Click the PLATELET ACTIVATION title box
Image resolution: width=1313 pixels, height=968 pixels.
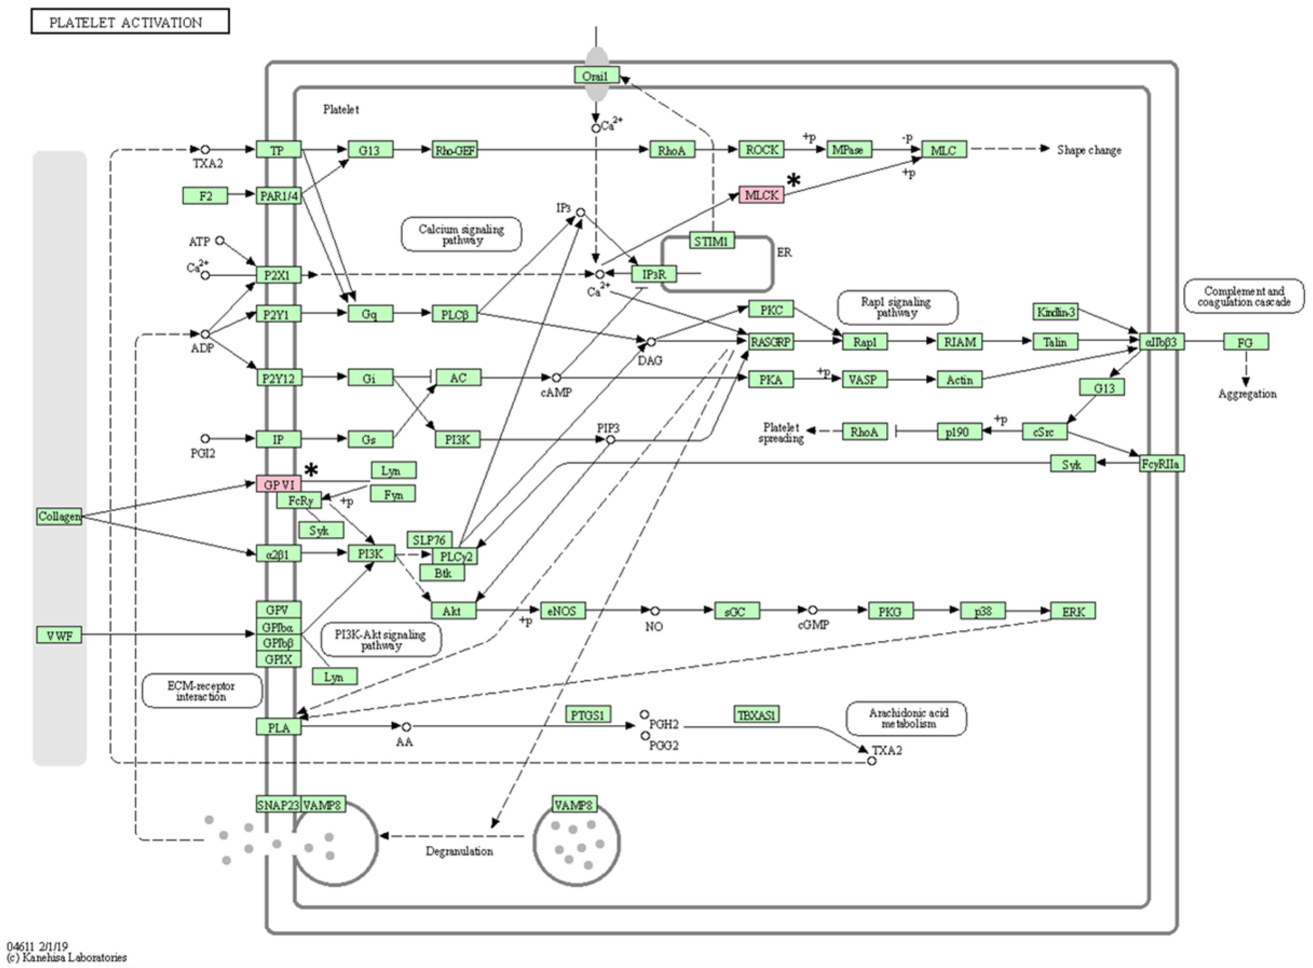click(130, 22)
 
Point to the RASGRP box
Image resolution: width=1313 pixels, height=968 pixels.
click(771, 342)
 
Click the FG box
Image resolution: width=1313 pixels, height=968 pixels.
click(1246, 342)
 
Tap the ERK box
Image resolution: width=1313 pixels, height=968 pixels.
click(1073, 611)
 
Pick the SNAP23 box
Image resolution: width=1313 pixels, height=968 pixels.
click(278, 804)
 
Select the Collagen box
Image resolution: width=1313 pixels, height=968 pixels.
click(59, 516)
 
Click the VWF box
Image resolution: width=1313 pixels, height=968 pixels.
click(59, 635)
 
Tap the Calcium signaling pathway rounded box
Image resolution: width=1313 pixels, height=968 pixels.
click(461, 234)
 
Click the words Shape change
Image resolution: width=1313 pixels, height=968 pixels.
click(1089, 150)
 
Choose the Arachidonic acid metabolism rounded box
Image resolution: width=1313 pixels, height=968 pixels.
click(907, 718)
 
